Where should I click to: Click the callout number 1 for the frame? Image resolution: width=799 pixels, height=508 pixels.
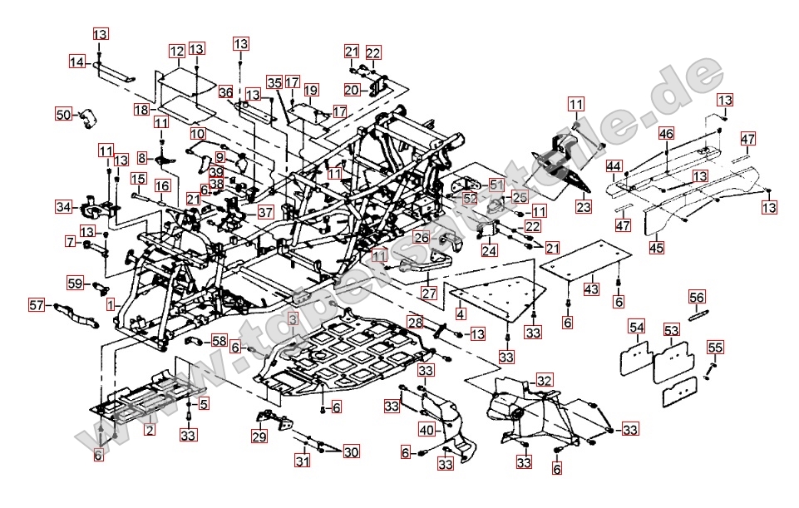111,305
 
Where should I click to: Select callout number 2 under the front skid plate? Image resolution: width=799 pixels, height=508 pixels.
149,430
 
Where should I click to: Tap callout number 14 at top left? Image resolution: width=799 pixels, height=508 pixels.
77,62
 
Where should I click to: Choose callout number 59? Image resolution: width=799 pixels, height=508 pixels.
75,284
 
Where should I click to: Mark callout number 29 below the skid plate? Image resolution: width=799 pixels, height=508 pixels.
259,436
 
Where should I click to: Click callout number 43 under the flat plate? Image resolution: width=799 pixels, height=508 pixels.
591,289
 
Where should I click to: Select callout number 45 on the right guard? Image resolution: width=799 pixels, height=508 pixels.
658,246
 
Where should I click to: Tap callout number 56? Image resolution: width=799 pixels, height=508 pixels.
697,298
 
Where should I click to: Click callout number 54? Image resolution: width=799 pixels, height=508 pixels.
637,328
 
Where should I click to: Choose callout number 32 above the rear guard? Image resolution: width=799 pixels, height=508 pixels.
545,380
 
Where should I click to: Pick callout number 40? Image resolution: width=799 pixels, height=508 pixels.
427,430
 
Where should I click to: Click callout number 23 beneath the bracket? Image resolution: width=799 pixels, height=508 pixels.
584,207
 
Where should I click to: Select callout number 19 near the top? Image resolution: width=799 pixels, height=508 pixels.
311,90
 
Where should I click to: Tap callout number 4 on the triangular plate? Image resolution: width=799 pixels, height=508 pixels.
460,313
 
